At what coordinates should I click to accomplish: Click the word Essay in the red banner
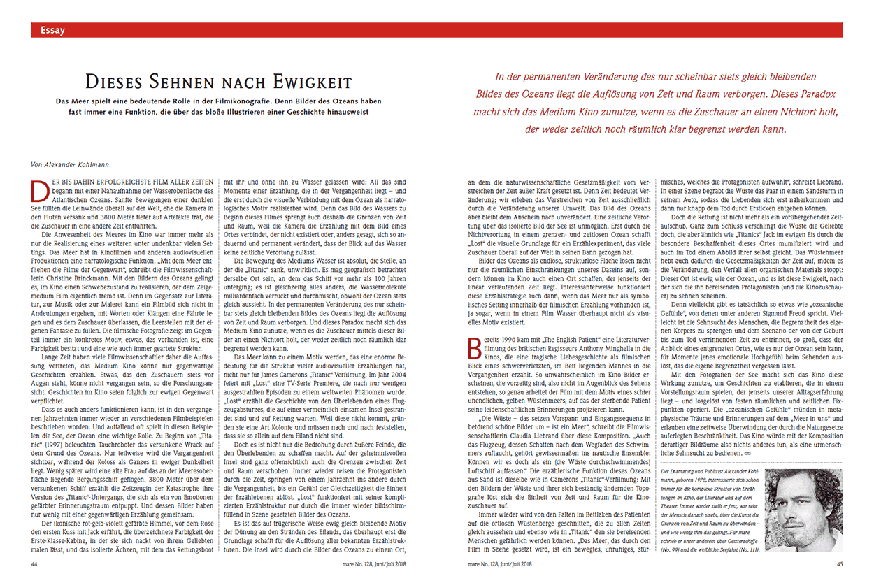click(x=53, y=30)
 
